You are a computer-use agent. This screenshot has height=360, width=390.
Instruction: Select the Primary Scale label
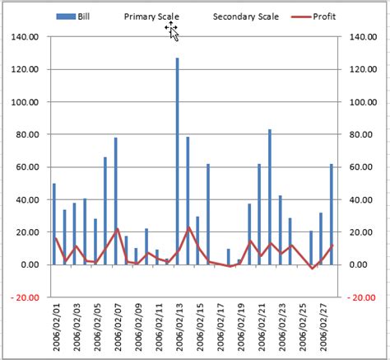(x=151, y=16)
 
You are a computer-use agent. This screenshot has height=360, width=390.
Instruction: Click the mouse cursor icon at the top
(x=173, y=30)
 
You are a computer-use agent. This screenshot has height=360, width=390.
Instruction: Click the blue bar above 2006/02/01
(x=54, y=223)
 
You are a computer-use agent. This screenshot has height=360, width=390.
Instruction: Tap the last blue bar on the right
(x=332, y=213)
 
